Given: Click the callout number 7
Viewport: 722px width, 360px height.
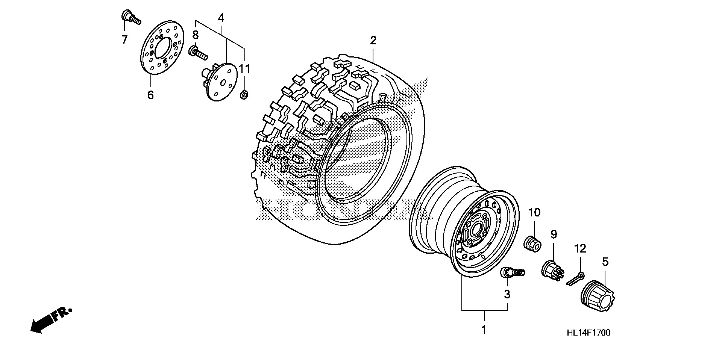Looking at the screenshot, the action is [124, 39].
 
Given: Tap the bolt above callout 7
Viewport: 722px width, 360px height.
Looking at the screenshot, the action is [130, 17].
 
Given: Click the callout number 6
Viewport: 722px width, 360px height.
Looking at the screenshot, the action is [150, 95].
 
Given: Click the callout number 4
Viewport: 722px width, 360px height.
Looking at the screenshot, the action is [221, 17].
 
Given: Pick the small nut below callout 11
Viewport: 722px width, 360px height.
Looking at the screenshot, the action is [244, 95].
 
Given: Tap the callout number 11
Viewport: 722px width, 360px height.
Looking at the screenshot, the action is [245, 69].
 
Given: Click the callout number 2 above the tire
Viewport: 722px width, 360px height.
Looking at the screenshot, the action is [373, 40].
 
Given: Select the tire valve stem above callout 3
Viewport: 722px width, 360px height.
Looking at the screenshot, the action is [512, 273].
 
